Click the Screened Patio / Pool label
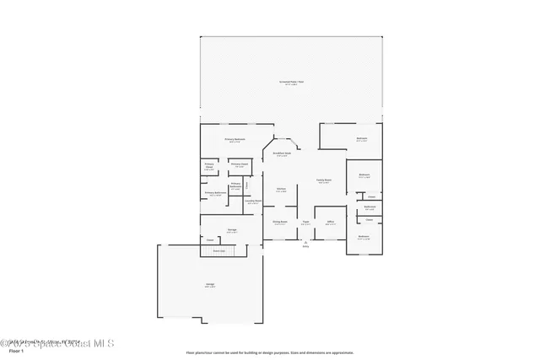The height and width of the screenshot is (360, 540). [291, 83]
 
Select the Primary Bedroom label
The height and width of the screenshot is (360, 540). [235, 140]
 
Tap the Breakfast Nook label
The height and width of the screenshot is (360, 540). [282, 154]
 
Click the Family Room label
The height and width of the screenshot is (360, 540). [323, 180]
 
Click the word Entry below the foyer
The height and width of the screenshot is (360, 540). [305, 246]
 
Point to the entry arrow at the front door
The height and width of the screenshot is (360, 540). [305, 241]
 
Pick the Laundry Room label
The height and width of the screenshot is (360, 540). [252, 201]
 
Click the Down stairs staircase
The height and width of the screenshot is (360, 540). [219, 250]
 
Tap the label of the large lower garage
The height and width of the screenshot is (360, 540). [209, 285]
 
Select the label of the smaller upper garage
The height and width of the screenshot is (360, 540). [230, 230]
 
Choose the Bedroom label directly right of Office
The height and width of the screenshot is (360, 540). [363, 238]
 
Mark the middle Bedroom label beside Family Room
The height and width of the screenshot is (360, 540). [364, 176]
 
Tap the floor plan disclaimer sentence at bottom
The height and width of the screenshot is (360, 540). [271, 352]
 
